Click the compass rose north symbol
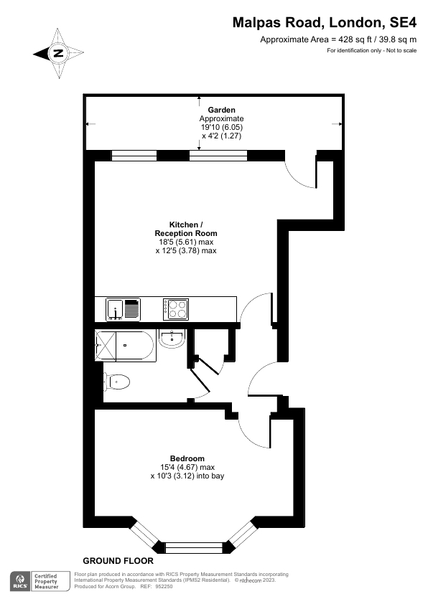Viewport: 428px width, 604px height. tap(58, 52)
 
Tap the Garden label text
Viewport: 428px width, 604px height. tap(221, 110)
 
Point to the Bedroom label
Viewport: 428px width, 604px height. tap(187, 458)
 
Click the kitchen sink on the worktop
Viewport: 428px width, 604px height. tap(122, 309)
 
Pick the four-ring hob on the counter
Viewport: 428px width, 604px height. tap(176, 308)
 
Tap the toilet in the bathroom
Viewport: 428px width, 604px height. tap(116, 382)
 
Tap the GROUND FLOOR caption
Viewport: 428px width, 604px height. tap(118, 560)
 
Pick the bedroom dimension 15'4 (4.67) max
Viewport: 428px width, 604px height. tap(187, 467)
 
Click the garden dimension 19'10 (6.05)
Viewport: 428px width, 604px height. tap(221, 127)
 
